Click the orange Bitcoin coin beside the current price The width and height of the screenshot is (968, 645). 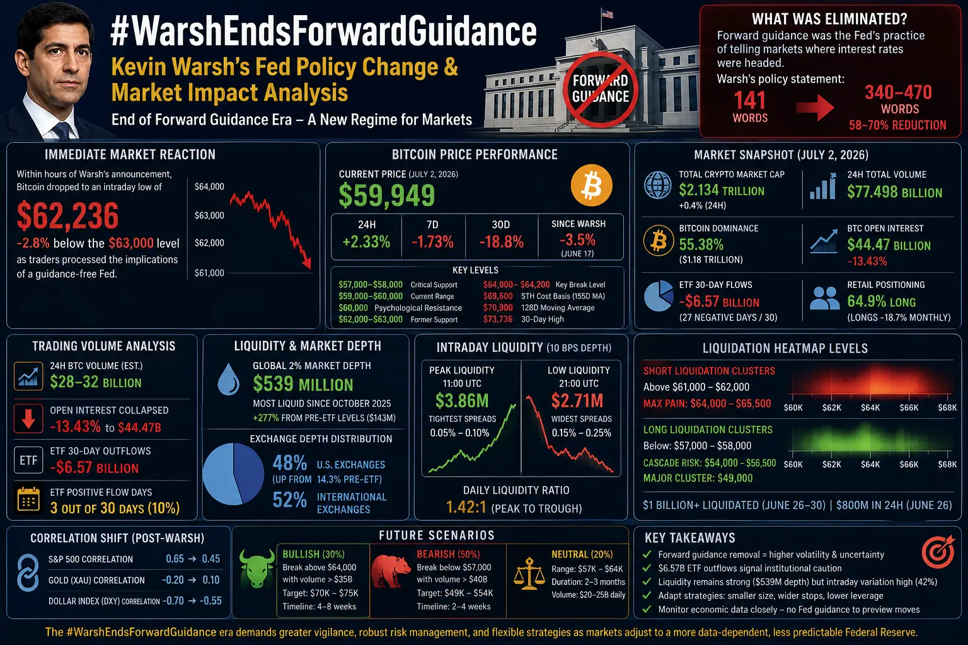[591, 185]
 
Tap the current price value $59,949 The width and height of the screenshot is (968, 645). [387, 195]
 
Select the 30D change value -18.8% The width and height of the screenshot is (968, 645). [501, 242]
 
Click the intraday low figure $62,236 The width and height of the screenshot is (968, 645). [67, 215]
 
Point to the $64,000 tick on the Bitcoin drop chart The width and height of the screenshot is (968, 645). [209, 186]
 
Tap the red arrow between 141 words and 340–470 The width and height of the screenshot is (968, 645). [815, 107]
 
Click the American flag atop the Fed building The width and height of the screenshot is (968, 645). [607, 14]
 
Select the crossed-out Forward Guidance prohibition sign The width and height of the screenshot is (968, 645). [600, 89]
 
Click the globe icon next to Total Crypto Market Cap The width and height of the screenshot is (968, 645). [657, 185]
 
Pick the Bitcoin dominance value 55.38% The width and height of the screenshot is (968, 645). [701, 244]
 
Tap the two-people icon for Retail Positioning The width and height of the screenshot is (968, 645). [824, 299]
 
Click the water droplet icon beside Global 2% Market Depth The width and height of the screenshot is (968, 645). [229, 379]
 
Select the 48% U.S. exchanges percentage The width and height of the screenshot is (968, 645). [289, 463]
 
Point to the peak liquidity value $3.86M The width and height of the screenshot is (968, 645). [462, 401]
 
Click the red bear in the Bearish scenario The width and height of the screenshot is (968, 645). [391, 571]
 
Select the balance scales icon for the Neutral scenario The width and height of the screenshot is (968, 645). [529, 574]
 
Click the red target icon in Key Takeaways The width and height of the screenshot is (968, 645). [938, 552]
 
